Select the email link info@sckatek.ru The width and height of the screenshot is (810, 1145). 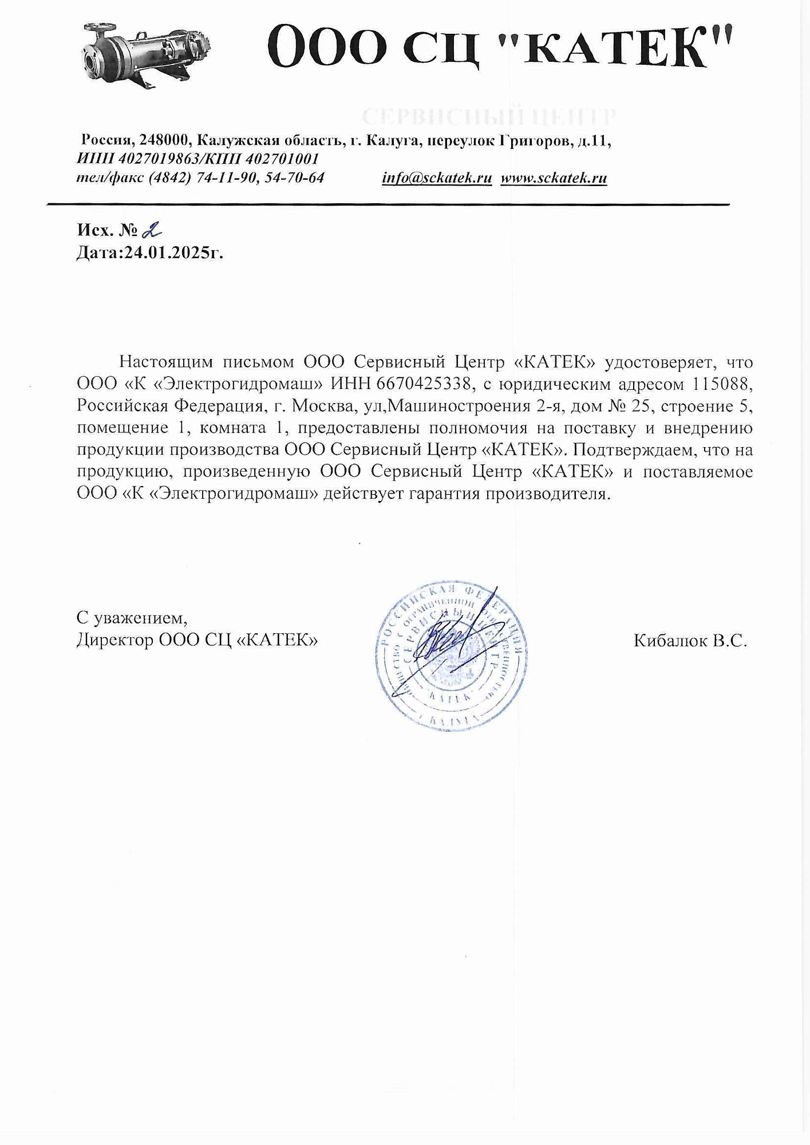pyautogui.click(x=437, y=178)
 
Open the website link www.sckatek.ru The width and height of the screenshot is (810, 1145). pyautogui.click(x=554, y=178)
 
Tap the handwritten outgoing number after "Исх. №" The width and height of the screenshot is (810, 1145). pyautogui.click(x=152, y=230)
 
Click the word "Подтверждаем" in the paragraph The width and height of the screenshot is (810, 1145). pyautogui.click(x=634, y=450)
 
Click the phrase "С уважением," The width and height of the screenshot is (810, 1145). pyautogui.click(x=132, y=618)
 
